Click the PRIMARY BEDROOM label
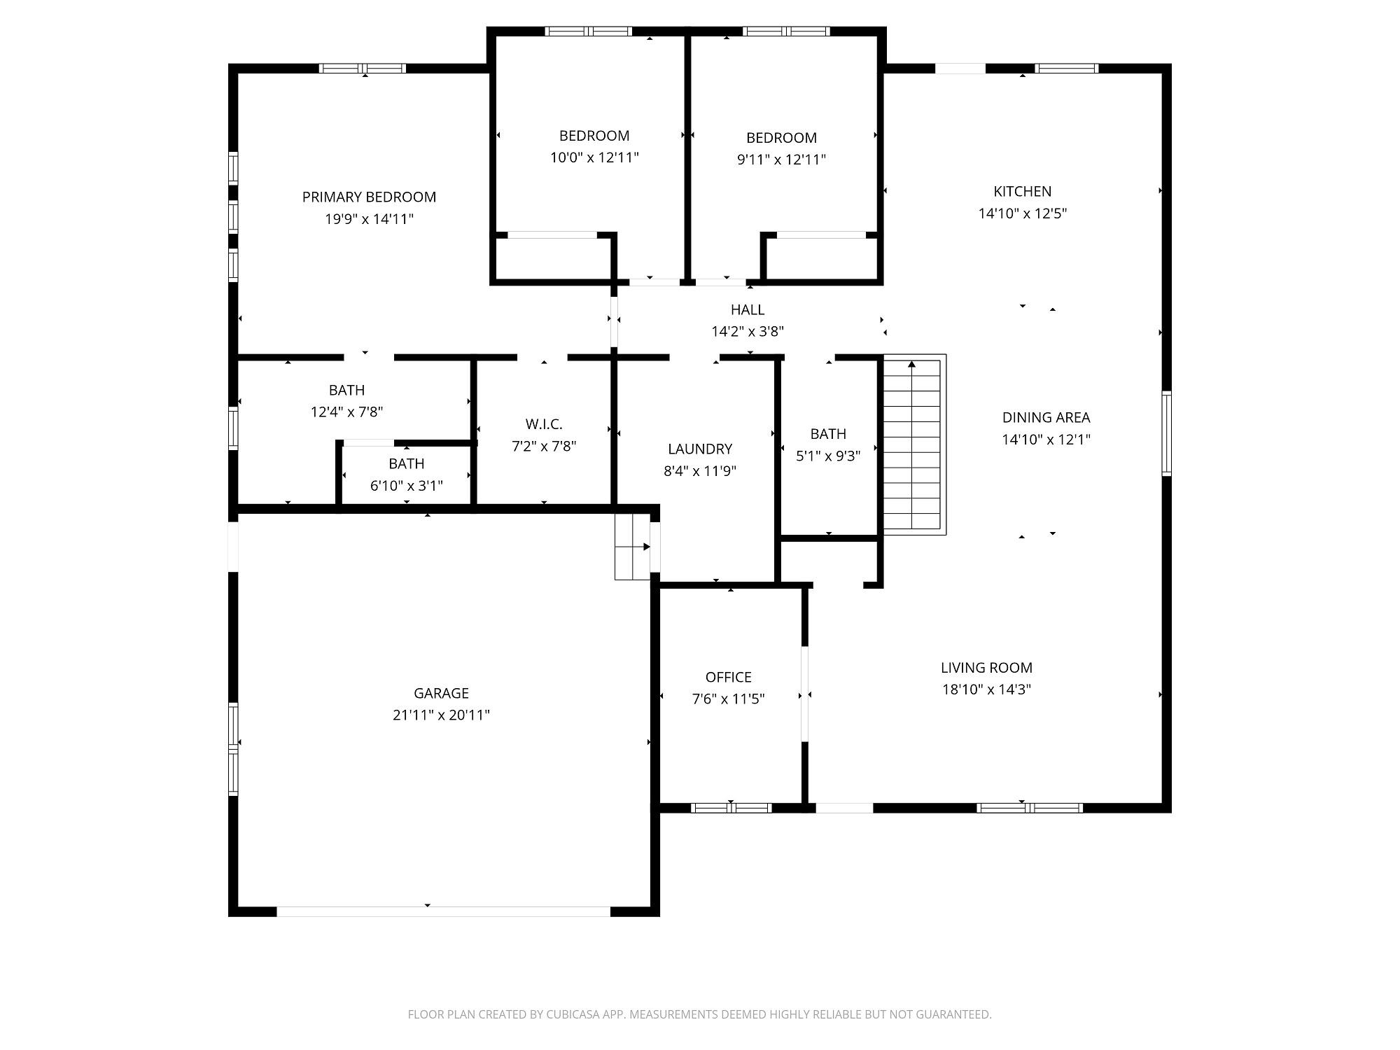tap(369, 197)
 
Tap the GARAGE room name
tap(441, 693)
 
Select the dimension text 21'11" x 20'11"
tap(441, 715)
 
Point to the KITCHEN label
tap(1022, 191)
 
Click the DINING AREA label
tap(1046, 418)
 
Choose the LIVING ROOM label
tap(986, 668)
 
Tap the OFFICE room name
tap(728, 677)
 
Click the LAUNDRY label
tap(700, 449)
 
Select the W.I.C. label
tap(544, 424)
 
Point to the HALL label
tap(748, 309)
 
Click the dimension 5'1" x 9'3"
tap(828, 456)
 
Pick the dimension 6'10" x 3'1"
tap(406, 485)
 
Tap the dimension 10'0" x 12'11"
tap(594, 157)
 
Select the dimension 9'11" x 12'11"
tap(781, 160)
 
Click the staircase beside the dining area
tap(914, 444)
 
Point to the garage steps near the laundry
tap(633, 547)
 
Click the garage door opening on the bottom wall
tap(444, 911)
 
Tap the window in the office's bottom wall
tap(731, 808)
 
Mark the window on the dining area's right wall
tap(1166, 433)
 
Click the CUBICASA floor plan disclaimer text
tap(700, 1014)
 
